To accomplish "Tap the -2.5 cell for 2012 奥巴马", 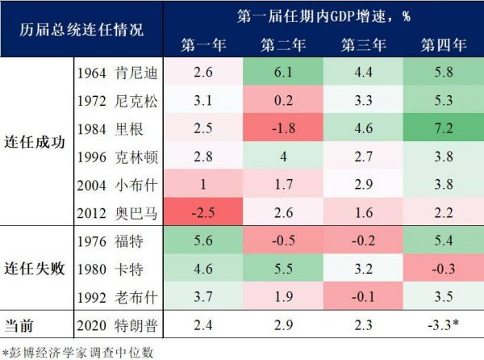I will [x=203, y=213].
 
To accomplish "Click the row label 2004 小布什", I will [x=118, y=185].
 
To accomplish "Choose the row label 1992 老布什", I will [x=118, y=296].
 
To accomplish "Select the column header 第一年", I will [x=203, y=44].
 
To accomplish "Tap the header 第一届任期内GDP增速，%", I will [x=323, y=15].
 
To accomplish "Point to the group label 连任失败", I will [x=35, y=269].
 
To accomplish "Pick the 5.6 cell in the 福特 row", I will [x=203, y=241].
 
